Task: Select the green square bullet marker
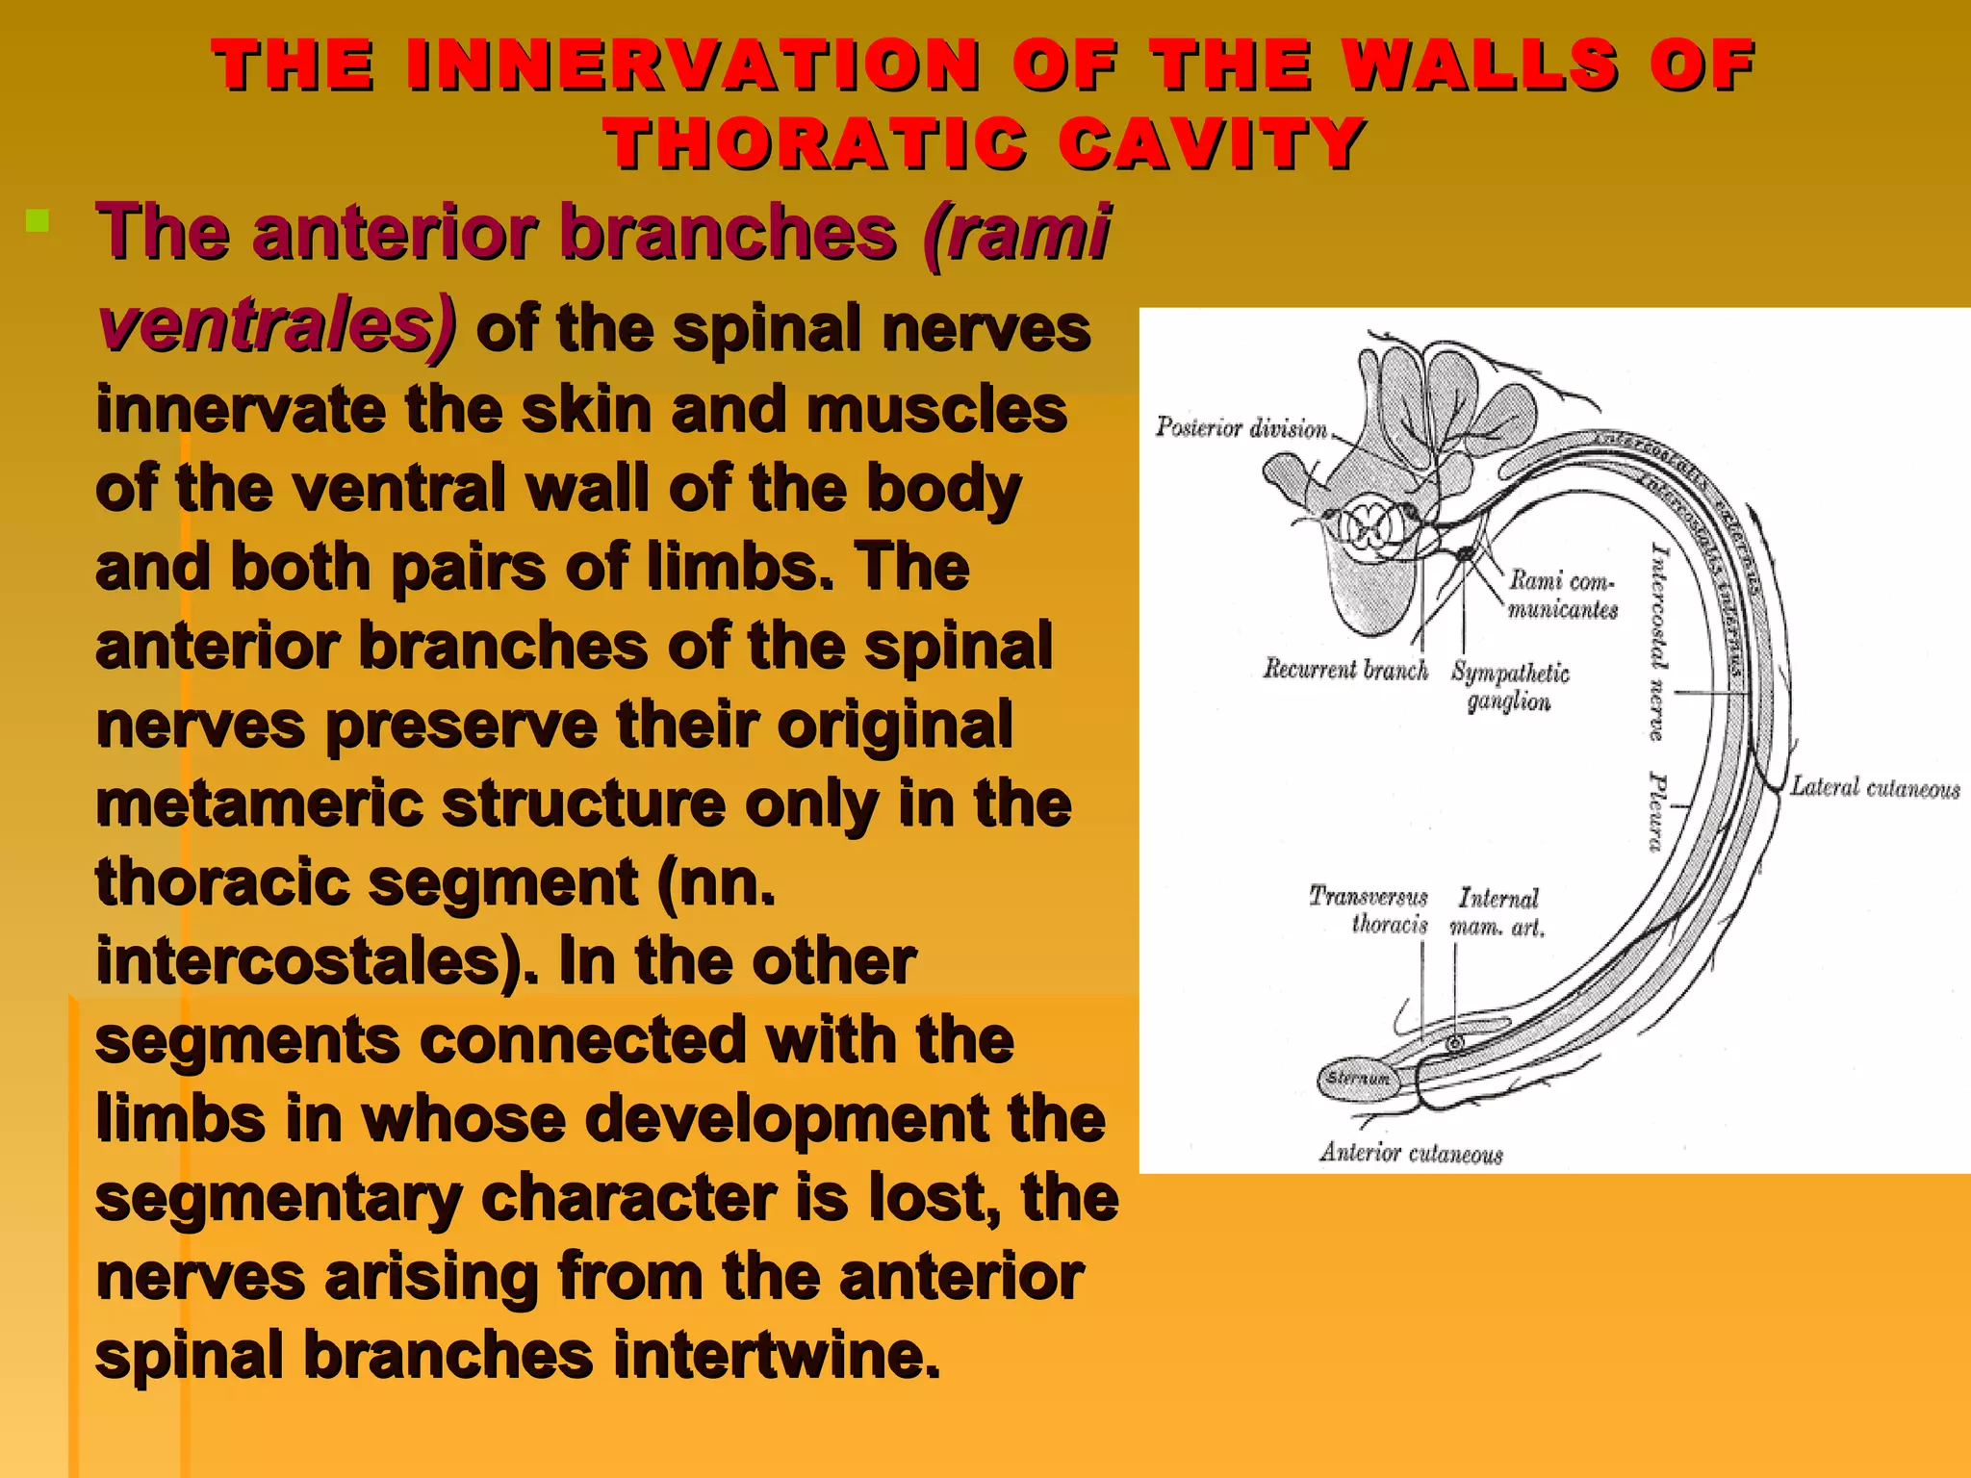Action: click(x=38, y=222)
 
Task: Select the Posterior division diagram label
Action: click(x=1241, y=427)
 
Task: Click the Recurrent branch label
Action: click(x=1344, y=669)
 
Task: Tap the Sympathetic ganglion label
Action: click(x=1509, y=686)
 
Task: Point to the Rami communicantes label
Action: click(x=1562, y=594)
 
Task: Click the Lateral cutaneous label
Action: click(x=1874, y=788)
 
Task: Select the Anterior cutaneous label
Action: click(x=1411, y=1153)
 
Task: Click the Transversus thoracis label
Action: click(x=1369, y=910)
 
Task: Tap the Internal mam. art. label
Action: click(x=1497, y=912)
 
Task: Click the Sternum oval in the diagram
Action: click(x=1358, y=1079)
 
